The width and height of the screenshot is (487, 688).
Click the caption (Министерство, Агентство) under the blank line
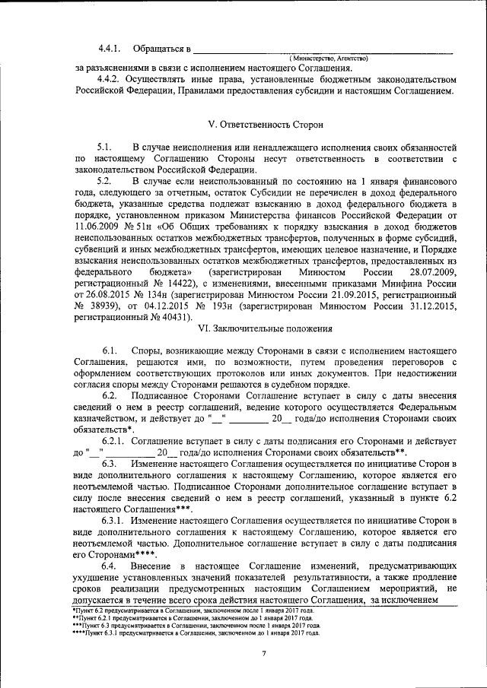tap(329, 59)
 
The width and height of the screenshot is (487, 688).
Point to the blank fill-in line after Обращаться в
tap(324, 50)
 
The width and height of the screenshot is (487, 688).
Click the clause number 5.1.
tap(104, 145)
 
